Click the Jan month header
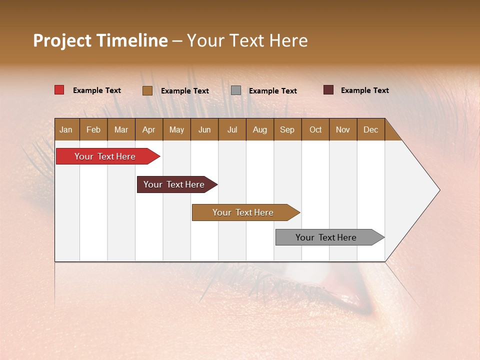point(66,129)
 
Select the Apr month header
point(148,129)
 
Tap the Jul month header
point(232,129)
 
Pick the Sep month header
point(287,129)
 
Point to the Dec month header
point(370,129)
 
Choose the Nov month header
point(342,129)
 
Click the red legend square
point(59,90)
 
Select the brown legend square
point(147,90)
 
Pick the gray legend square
point(236,90)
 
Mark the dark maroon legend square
point(328,90)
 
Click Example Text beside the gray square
point(272,91)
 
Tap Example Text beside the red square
point(96,90)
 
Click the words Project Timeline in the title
point(100,40)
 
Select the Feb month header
point(93,129)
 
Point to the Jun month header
point(204,129)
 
